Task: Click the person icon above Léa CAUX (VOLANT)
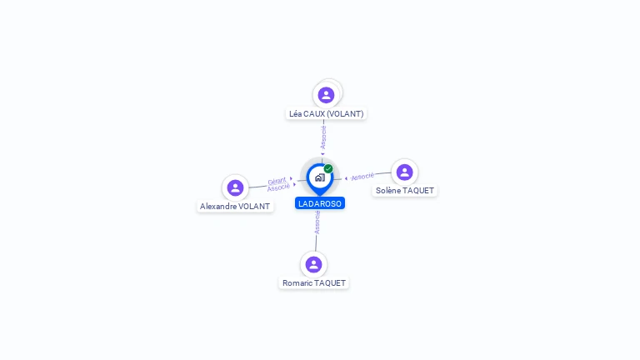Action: [326, 95]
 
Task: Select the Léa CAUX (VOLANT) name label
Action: [326, 113]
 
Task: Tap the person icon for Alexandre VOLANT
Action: [235, 187]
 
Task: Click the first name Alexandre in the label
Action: [218, 206]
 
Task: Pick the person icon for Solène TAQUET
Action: [404, 172]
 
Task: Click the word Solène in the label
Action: [387, 191]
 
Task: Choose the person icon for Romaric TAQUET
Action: [313, 264]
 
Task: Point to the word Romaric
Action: [297, 283]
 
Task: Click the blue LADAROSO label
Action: [320, 203]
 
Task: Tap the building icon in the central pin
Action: [319, 177]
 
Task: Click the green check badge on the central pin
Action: [328, 168]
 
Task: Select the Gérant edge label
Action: [277, 180]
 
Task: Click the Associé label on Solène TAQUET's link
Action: [362, 177]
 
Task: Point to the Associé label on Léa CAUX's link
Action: [323, 137]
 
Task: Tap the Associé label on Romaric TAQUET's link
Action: [317, 222]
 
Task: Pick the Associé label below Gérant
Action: [278, 187]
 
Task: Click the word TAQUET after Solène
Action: [418, 191]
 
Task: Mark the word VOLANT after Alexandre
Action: [254, 206]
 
